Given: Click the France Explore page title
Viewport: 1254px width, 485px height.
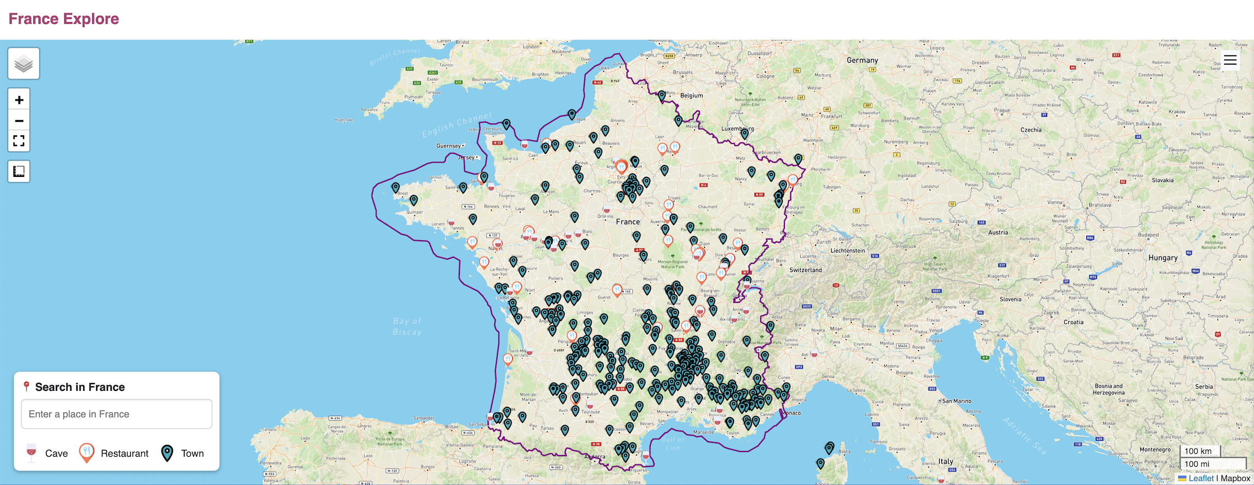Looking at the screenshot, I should [x=64, y=19].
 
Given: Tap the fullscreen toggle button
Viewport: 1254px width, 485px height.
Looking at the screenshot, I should [x=19, y=141].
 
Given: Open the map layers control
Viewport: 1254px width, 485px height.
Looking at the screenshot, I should [x=24, y=64].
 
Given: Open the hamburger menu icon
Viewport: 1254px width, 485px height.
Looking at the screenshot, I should [x=1230, y=60].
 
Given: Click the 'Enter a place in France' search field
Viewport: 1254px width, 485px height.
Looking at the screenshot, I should [x=116, y=414].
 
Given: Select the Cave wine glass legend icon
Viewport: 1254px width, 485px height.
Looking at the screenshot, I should [x=31, y=453].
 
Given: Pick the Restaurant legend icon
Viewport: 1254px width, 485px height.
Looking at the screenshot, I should [x=87, y=453].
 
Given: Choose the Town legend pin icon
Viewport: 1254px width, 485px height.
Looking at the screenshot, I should [x=167, y=453].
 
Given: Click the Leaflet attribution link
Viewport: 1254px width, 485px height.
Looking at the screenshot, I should [x=1201, y=478].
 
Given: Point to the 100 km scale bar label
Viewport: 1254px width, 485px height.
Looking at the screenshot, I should [x=1198, y=451].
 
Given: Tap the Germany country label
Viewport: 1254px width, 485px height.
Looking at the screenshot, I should [x=862, y=60].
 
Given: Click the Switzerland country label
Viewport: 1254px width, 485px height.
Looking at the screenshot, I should [x=805, y=270].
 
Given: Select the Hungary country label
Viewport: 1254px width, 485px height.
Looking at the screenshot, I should [x=1162, y=258].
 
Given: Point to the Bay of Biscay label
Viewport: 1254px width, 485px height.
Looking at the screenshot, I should [x=407, y=327].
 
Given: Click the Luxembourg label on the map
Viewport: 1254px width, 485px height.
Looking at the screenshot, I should [x=738, y=129].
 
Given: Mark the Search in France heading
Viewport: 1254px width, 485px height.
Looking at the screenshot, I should [x=80, y=387].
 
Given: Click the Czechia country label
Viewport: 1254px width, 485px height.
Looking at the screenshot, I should [x=1031, y=130].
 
